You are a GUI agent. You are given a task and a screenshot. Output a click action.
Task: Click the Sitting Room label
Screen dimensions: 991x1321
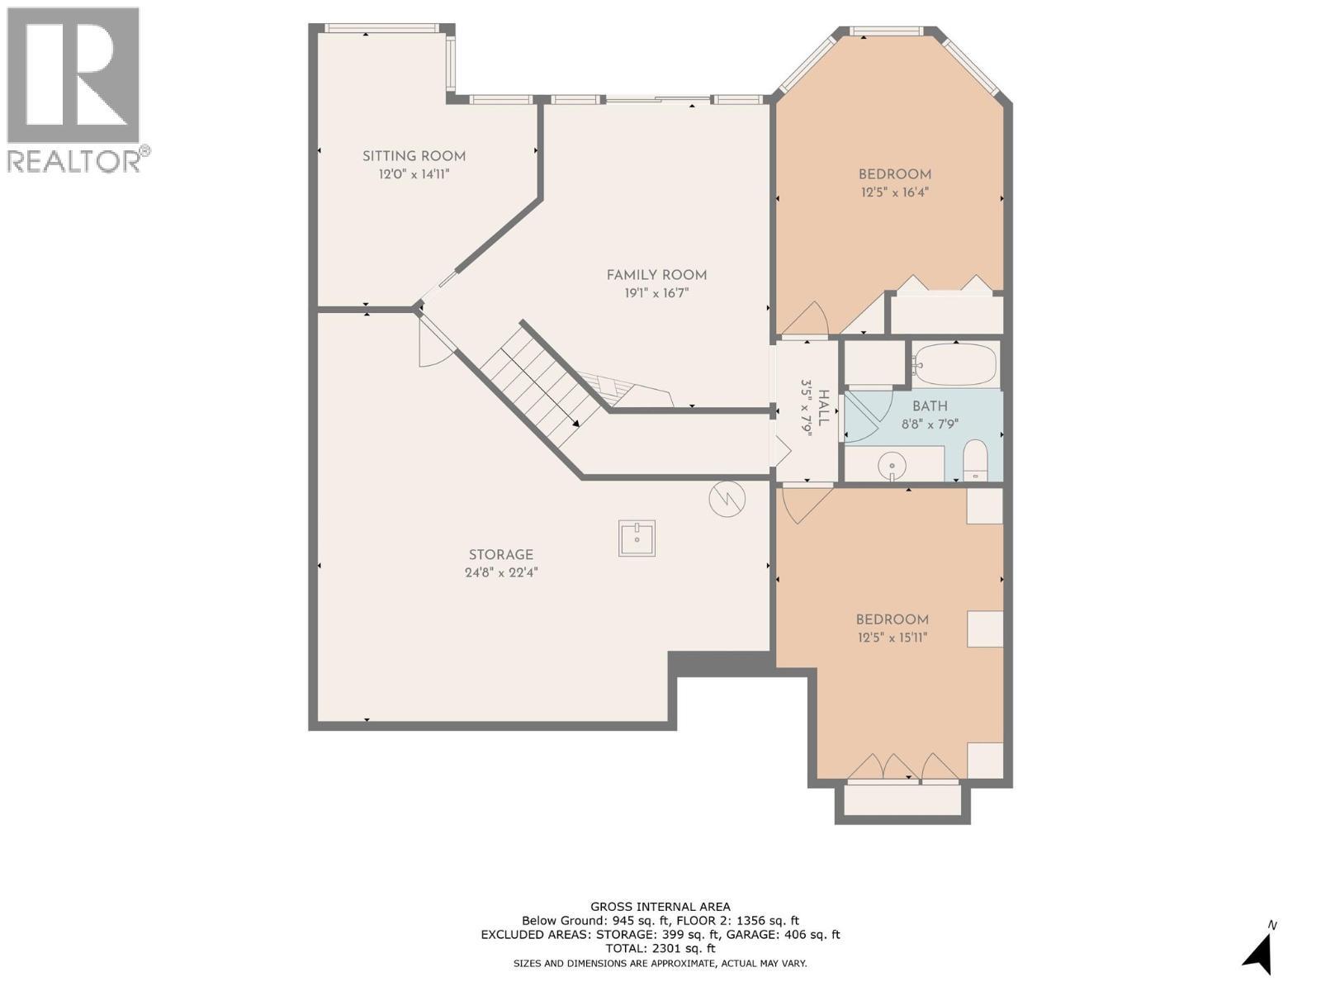click(x=414, y=156)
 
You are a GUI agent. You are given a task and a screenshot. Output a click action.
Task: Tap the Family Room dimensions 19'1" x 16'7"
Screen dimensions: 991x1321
click(x=656, y=293)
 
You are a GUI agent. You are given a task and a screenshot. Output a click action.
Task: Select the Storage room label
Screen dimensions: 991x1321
click(x=500, y=555)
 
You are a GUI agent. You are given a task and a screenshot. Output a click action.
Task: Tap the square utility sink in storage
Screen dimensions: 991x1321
click(x=637, y=538)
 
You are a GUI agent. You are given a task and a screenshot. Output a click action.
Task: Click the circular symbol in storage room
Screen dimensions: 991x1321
click(x=727, y=499)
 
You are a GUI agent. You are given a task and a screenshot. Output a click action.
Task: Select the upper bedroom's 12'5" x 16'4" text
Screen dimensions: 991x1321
click(x=894, y=192)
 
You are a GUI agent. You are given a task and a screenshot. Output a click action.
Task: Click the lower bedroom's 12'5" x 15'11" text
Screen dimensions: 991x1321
click(x=892, y=638)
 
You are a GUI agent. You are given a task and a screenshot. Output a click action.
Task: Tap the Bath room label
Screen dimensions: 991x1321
click(x=930, y=406)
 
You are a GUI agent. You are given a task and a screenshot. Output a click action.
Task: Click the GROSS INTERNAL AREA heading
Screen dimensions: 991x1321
click(x=660, y=907)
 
